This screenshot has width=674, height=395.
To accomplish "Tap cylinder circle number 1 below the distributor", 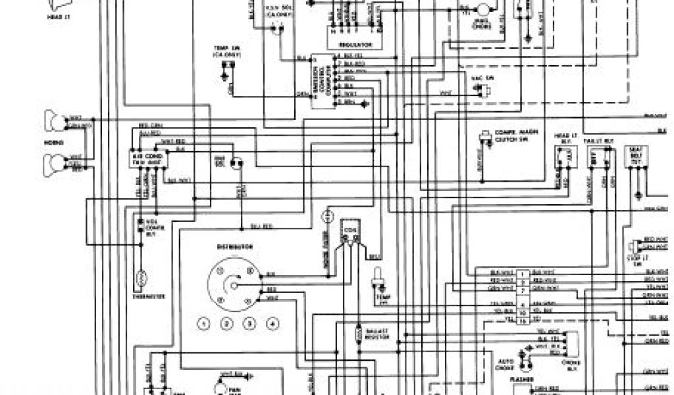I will [205, 323].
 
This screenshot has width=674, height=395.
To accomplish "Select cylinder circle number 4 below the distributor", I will [272, 323].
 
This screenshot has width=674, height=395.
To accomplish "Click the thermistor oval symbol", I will [140, 279].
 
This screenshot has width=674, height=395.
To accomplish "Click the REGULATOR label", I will [356, 45].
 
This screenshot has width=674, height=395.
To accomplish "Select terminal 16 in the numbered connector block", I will [522, 321].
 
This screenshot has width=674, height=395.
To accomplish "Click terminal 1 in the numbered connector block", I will [522, 271].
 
